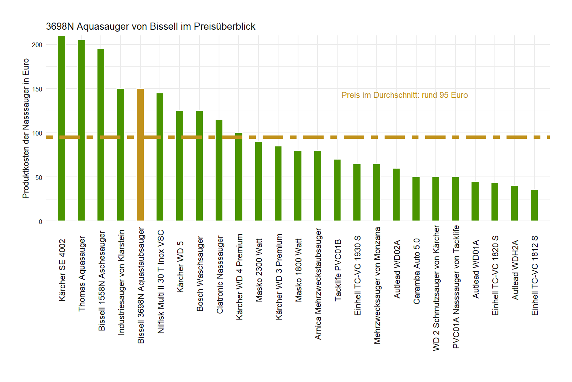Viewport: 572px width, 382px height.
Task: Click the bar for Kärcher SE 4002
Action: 62,128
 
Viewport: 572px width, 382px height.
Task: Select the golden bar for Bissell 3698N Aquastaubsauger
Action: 140,155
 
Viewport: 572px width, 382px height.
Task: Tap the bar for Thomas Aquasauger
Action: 81,130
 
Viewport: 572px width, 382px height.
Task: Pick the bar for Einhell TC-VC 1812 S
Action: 534,205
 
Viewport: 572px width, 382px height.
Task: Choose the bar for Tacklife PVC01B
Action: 337,190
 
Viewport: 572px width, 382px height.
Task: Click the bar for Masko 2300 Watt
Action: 259,181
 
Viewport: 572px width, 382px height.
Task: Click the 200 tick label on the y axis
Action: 37,45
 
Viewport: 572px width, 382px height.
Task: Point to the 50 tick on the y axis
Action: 39,177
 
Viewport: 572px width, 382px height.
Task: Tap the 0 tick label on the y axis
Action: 41,222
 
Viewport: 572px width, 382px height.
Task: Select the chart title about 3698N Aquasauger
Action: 151,26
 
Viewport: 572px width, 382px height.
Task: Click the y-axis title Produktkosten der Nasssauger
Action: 26,128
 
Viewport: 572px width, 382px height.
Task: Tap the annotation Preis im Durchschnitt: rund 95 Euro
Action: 405,95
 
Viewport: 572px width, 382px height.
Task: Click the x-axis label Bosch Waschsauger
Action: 200,274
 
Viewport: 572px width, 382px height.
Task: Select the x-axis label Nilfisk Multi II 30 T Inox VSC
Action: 161,282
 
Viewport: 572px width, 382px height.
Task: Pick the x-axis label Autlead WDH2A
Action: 515,270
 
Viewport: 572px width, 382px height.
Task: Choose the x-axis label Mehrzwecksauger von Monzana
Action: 377,285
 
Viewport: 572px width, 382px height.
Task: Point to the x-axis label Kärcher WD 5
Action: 180,266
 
